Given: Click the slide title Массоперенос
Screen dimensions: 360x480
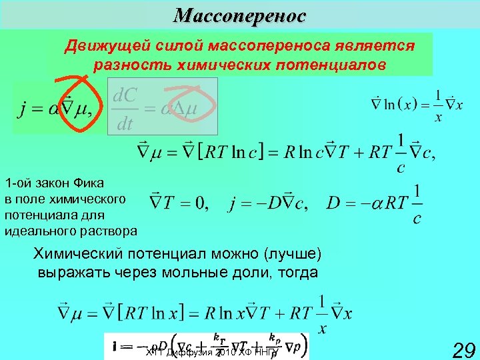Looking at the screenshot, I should [239, 15].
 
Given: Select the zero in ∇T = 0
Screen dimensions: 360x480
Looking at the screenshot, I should [201, 203].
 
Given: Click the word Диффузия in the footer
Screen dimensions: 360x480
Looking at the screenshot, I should [187, 351].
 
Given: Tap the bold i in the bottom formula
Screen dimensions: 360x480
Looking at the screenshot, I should [117, 346].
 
